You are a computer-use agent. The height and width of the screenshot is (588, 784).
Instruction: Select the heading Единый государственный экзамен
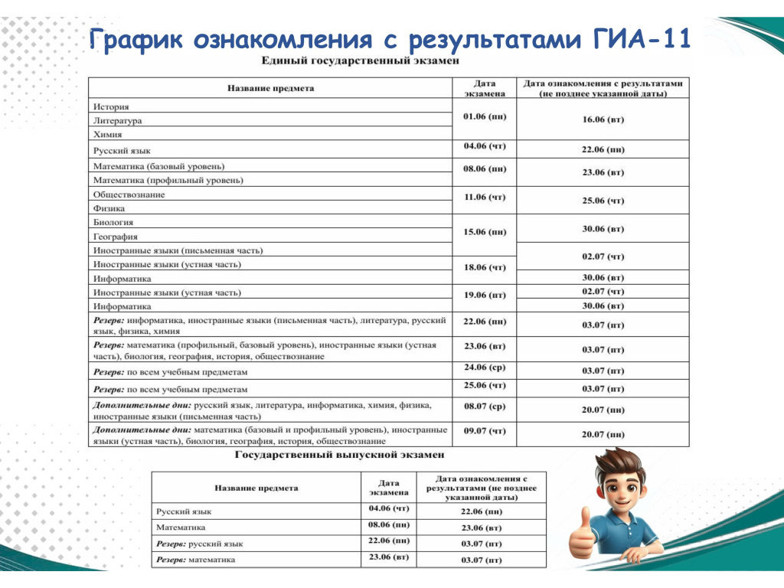(x=360, y=60)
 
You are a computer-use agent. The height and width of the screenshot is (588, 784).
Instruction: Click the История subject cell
(x=111, y=106)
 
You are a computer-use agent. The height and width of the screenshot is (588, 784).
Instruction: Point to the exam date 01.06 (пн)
(x=485, y=116)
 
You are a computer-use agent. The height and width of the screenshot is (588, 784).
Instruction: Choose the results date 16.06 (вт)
(x=603, y=120)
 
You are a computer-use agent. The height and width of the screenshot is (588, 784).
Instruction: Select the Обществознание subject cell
(x=129, y=194)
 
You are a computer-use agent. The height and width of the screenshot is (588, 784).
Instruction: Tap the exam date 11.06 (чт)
(x=485, y=197)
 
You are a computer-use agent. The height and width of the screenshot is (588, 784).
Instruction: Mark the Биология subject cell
(x=113, y=222)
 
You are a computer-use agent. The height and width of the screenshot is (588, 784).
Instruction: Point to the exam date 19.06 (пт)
(x=485, y=294)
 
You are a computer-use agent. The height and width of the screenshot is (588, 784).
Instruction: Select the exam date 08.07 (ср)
(x=485, y=404)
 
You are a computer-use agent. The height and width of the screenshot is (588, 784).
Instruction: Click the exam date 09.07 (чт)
(x=485, y=431)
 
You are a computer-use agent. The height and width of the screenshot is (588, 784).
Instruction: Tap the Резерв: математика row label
(x=195, y=560)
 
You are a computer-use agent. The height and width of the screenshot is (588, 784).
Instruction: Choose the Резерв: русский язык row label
(x=199, y=544)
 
